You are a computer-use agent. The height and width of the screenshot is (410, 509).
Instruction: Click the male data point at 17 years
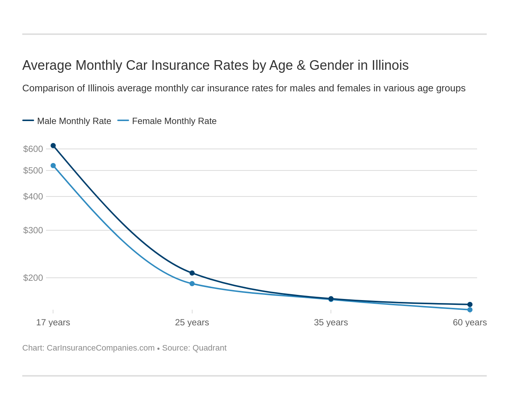53,146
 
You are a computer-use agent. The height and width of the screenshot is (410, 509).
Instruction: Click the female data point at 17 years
53,166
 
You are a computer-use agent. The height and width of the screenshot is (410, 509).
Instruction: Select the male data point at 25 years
192,273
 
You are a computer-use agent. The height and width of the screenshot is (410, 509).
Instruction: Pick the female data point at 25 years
192,284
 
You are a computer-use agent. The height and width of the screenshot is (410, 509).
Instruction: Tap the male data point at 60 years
470,305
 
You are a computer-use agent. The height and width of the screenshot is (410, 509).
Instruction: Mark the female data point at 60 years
470,310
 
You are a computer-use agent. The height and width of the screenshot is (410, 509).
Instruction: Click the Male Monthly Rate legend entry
67,121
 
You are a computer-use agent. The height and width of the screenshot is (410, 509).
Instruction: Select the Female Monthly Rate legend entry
167,121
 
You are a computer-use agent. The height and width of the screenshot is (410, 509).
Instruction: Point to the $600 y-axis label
33,149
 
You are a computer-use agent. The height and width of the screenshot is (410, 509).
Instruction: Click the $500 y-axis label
33,170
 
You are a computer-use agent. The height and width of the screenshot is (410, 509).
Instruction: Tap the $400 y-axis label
33,196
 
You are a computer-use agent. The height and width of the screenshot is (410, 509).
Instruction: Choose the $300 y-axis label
33,230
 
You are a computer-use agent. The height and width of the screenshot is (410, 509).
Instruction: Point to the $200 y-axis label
33,278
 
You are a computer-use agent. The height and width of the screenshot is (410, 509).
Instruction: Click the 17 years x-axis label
53,322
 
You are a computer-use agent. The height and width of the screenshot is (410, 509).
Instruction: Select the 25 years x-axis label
192,322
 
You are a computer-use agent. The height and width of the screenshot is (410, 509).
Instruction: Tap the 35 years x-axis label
331,322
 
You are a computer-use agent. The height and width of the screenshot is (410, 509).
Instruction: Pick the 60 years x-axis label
470,322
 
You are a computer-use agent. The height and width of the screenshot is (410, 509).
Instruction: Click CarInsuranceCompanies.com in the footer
101,348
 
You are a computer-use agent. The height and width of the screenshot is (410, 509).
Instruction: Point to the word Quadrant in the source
210,348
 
